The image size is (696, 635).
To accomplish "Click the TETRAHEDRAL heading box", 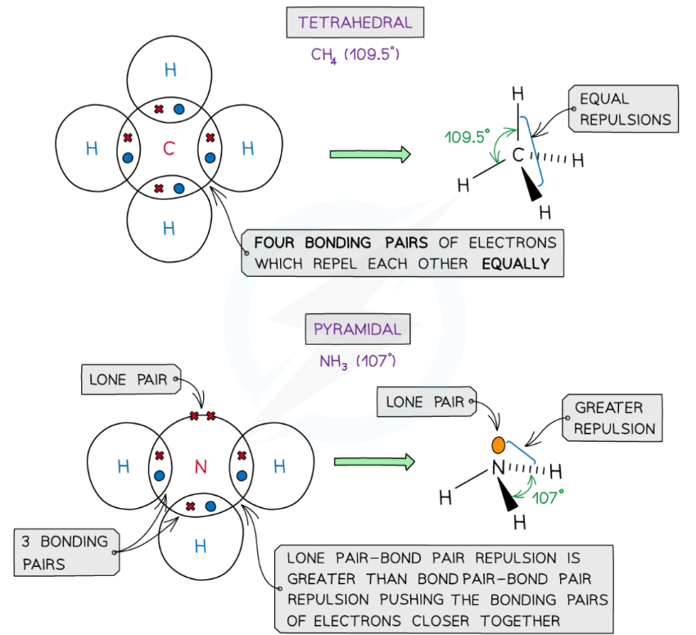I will coord(355,22).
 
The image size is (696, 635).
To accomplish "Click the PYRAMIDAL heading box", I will coord(357,329).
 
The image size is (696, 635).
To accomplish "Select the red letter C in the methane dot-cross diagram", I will coord(169,148).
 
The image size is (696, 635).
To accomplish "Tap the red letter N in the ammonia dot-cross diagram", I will coord(201,467).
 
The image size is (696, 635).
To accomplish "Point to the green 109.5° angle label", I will coord(468,137).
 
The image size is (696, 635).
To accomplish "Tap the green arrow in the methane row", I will coord(369,153).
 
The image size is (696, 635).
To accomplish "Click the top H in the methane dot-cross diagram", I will coord(170,70).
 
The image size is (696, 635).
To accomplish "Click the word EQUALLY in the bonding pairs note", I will coord(515,264).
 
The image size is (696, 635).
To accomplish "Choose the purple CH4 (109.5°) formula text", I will coord(355,55).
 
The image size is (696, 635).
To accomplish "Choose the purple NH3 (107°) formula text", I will coord(357,361).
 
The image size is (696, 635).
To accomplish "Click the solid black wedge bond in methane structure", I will coord(533,188).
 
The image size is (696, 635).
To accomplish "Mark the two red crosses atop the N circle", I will coord(202,416).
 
